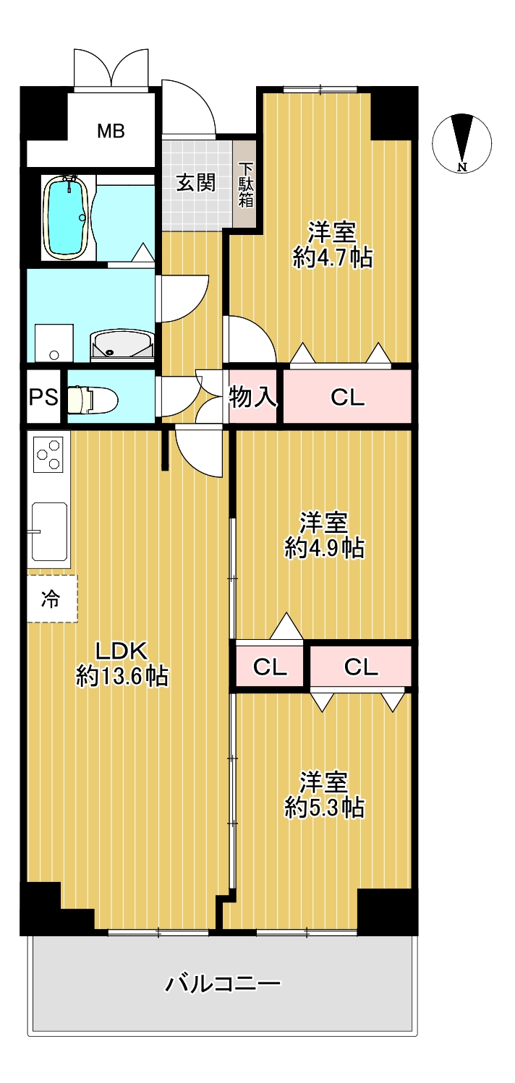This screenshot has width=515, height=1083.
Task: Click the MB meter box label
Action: pyautogui.click(x=111, y=131)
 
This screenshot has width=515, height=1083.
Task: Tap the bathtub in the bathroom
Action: pyautogui.click(x=67, y=218)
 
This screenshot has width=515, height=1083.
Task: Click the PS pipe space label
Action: pyautogui.click(x=43, y=397)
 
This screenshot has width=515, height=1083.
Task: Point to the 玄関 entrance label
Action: pyautogui.click(x=195, y=183)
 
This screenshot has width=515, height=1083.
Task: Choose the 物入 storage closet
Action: pyautogui.click(x=252, y=396)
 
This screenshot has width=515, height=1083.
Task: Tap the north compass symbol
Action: pyautogui.click(x=461, y=143)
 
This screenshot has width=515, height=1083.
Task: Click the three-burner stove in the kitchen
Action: pyautogui.click(x=48, y=454)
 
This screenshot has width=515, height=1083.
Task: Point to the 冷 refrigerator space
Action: pyautogui.click(x=52, y=598)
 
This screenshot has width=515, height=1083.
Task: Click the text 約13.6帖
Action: pyautogui.click(x=122, y=675)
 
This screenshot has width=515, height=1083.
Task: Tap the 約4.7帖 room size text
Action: pyautogui.click(x=333, y=257)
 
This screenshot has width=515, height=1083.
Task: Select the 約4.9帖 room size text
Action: pyautogui.click(x=325, y=548)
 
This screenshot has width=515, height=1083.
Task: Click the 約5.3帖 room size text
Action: pyautogui.click(x=325, y=808)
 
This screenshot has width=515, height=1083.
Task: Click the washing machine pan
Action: pyautogui.click(x=54, y=343)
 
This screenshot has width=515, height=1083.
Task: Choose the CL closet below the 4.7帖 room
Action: pyautogui.click(x=347, y=396)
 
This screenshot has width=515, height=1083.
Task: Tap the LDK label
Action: pyautogui.click(x=121, y=651)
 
